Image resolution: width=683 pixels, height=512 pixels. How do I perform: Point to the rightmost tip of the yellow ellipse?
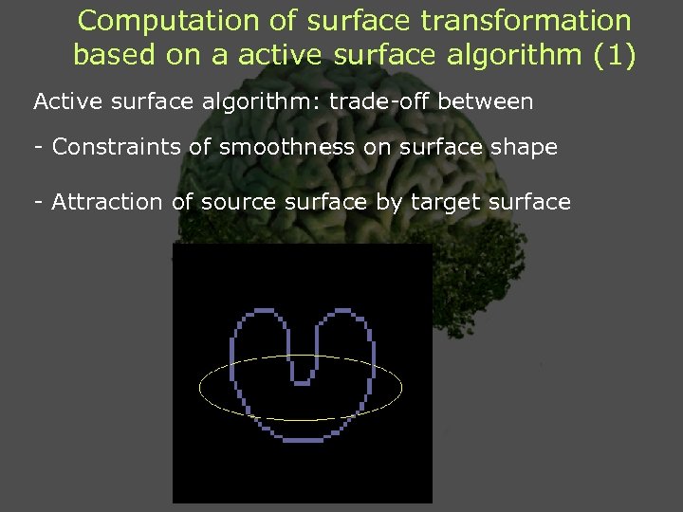pyautogui.click(x=402, y=387)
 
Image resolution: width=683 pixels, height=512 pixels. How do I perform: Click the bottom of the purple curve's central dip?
pyautogui.click(x=301, y=382)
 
